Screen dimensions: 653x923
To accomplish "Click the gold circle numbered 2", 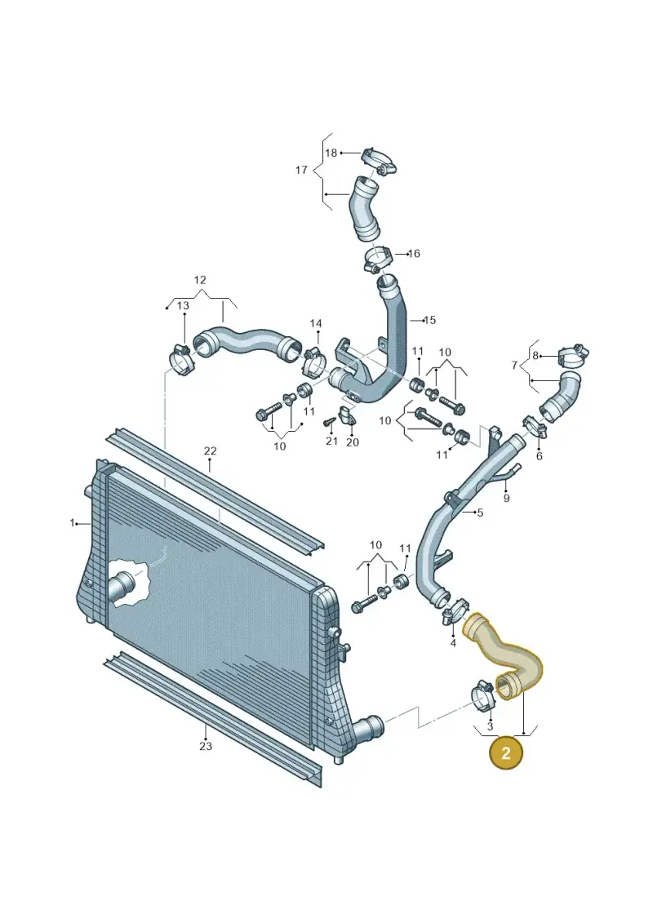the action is click(505, 752).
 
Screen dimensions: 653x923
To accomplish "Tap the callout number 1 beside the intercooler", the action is click(73, 523).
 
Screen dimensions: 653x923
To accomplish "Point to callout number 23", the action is click(206, 747).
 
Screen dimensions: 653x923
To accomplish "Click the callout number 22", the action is click(211, 451).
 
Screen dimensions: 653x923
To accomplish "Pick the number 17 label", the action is click(301, 170).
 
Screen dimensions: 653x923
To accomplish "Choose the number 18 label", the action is click(331, 153).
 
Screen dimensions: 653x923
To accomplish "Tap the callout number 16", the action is click(414, 254).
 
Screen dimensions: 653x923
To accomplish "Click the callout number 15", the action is click(430, 320).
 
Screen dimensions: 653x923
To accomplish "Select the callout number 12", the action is click(200, 280).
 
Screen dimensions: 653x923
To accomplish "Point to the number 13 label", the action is click(183, 305).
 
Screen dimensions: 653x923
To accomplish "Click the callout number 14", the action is click(316, 324).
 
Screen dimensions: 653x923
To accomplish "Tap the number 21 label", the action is click(331, 442).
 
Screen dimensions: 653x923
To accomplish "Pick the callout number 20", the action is click(352, 442).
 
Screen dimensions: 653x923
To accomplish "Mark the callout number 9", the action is click(506, 499).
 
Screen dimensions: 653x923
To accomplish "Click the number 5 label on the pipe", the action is click(480, 513).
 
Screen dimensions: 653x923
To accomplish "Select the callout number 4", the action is click(453, 643).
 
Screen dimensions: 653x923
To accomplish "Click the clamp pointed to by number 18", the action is click(378, 161).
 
